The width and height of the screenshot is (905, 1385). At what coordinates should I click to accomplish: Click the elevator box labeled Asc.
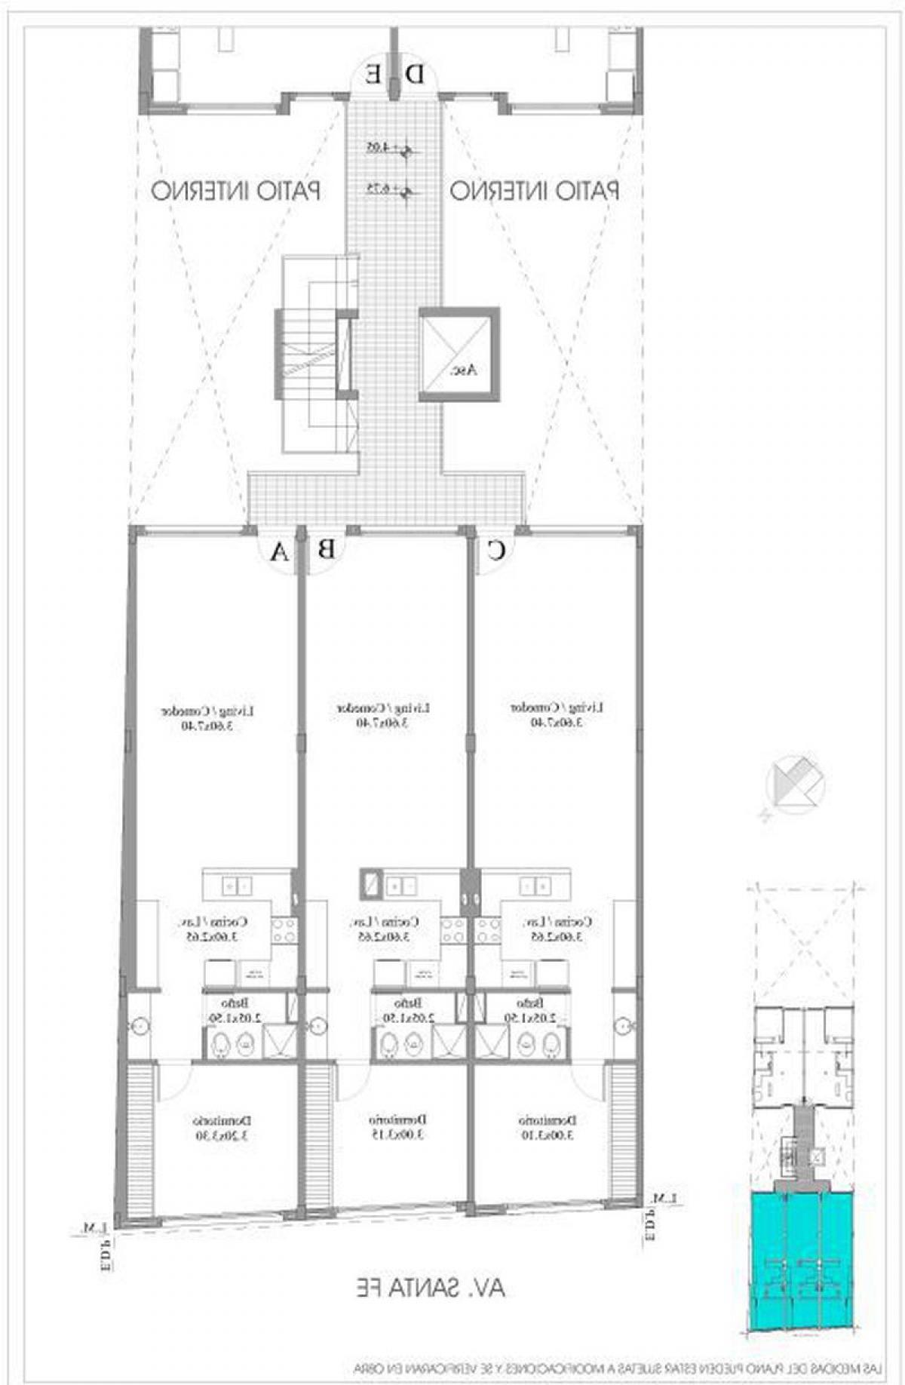tap(459, 353)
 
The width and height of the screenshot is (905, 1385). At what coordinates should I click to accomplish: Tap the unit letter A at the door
tap(280, 553)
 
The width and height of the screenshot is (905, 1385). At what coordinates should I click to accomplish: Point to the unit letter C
tap(495, 551)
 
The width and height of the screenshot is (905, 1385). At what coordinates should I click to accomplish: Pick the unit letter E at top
tap(373, 74)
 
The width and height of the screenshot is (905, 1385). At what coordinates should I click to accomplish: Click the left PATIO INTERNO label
tap(236, 190)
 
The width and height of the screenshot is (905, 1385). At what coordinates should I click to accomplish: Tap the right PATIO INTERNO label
tap(535, 190)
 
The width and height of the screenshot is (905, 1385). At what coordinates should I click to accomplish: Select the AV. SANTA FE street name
tap(431, 1287)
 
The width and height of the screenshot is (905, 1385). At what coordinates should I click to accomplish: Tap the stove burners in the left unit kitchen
tap(285, 929)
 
